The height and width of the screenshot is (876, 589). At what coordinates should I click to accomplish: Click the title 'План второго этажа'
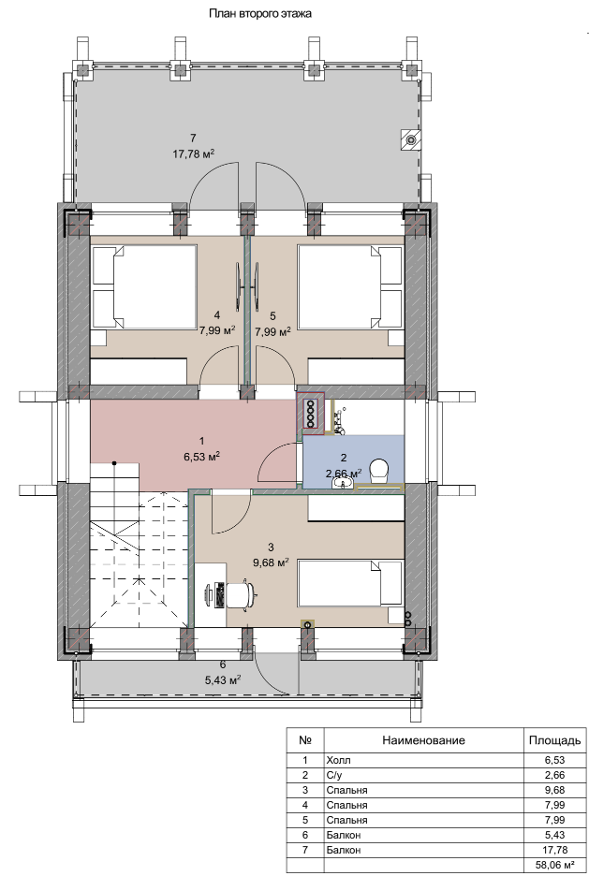260,13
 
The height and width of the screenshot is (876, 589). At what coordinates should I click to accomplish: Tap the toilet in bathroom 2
379,470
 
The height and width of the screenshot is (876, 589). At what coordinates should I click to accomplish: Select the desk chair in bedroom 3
243,594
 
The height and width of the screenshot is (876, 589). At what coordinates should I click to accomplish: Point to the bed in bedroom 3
350,583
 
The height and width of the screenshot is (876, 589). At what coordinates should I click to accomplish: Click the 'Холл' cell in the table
338,760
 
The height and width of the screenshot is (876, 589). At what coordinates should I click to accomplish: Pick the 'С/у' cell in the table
334,775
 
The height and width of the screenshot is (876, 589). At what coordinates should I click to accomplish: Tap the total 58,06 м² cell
554,866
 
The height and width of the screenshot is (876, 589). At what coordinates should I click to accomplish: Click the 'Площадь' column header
555,741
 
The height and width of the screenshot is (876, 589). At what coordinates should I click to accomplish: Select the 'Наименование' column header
423,741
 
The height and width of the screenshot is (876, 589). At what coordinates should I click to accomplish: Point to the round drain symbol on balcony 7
412,139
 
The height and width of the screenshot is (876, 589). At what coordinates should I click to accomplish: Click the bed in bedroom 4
144,287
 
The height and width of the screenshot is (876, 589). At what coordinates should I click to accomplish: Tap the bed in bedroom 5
350,287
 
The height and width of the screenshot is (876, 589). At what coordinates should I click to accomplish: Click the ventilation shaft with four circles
310,411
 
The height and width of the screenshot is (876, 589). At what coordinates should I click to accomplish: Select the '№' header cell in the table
305,741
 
